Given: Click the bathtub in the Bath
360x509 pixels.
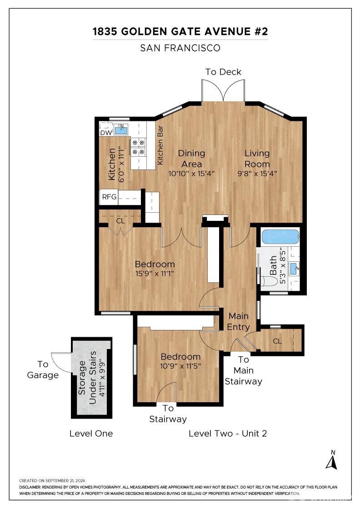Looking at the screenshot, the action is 280,237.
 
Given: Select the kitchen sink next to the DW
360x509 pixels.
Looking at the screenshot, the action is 121,130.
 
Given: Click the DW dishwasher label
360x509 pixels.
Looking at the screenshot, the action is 106,132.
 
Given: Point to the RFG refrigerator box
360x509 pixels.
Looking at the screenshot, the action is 109,197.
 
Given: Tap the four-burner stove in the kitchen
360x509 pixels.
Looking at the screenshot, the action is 138,147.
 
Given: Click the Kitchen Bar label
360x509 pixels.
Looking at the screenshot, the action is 160,145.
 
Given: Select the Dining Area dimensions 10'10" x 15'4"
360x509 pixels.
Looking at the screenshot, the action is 191,173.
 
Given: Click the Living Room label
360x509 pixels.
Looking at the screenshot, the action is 257,159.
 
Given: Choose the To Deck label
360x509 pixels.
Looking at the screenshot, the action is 223,72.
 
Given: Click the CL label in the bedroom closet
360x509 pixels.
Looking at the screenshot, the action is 120,221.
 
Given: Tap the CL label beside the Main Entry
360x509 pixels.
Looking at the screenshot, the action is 277,341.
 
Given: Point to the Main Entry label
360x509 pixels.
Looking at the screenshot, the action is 239,321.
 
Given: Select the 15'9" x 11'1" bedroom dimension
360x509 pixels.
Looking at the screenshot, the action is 155,273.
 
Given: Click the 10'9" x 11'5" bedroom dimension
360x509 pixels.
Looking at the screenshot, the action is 180,366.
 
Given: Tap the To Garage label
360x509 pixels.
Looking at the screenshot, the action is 43,370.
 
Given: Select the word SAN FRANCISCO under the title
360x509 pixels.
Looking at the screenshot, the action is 180,48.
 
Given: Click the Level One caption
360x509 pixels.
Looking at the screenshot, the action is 91,434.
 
